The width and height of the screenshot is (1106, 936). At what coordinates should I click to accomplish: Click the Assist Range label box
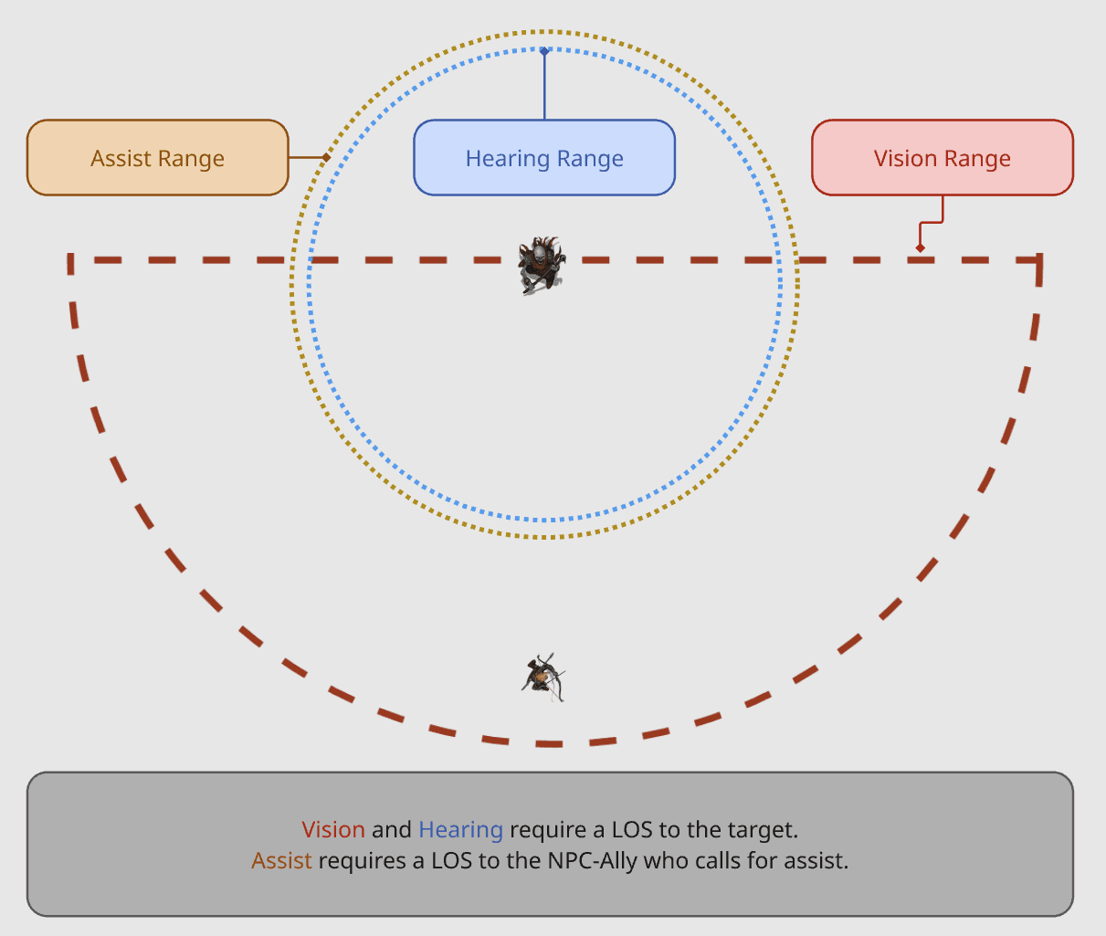tap(158, 157)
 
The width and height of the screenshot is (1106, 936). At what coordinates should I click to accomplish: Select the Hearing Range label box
tap(544, 157)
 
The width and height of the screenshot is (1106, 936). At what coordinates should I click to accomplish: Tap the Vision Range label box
tap(943, 157)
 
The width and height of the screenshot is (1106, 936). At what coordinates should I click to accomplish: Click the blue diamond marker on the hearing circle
tap(544, 51)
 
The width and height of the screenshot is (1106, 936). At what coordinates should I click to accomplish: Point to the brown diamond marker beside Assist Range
tap(326, 157)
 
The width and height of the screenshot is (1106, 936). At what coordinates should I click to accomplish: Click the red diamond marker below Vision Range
tap(920, 247)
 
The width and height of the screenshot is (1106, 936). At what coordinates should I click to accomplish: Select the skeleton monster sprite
tap(542, 266)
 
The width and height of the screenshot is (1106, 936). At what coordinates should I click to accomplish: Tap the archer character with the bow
tap(543, 678)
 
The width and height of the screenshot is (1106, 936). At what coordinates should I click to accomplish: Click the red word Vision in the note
tap(333, 829)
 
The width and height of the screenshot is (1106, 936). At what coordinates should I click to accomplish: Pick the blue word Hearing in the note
tap(460, 830)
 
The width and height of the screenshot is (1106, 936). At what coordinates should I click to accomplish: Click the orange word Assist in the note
tap(281, 860)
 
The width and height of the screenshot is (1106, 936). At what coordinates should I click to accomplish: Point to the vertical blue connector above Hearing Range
tap(544, 86)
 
